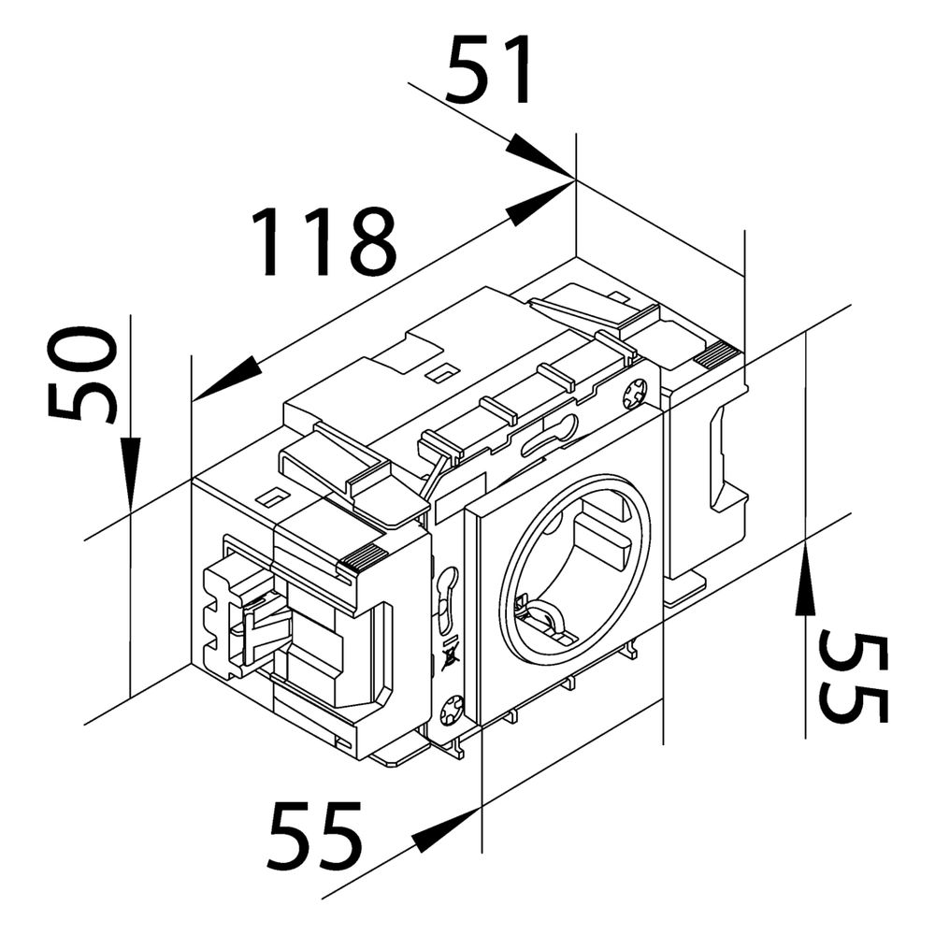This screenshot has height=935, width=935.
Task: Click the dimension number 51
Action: [x=489, y=70]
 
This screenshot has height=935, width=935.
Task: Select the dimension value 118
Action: [x=324, y=242]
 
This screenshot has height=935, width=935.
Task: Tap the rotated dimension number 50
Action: [x=81, y=373]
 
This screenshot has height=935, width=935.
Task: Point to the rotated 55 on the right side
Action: [x=854, y=677]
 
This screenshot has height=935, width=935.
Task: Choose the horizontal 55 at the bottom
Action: [x=315, y=835]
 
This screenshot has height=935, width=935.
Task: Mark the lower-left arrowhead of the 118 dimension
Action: [x=228, y=378]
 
